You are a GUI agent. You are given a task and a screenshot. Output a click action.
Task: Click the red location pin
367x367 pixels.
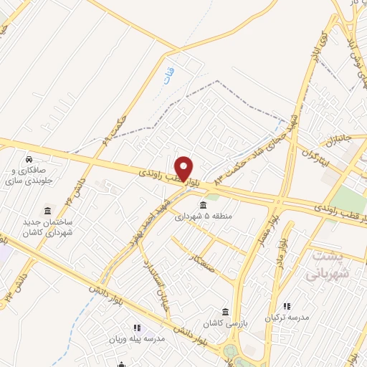[x=184, y=167]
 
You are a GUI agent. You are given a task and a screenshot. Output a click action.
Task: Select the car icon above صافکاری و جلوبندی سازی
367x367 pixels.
[x=27, y=159]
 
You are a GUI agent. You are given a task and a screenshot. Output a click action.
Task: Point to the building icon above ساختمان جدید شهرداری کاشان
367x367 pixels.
[x=47, y=211]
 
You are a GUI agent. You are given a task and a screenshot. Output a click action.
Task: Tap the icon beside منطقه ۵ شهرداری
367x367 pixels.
[x=203, y=206]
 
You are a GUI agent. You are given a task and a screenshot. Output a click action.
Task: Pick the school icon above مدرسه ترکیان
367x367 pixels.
[x=287, y=306]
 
